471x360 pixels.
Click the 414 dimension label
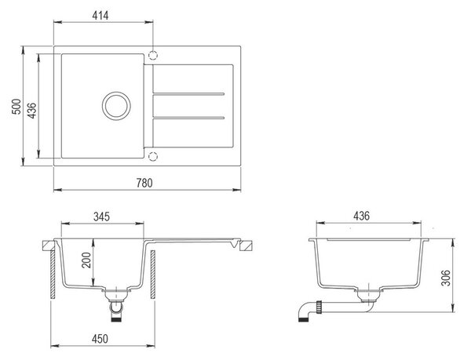100,16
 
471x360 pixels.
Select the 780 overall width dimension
144,183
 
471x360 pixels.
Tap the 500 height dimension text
16,106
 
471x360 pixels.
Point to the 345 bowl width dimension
101,216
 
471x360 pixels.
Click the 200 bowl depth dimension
86,260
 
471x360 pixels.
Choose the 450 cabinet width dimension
100,339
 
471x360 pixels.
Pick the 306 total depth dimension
446,278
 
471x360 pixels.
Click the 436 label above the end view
361,216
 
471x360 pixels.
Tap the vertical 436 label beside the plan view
31,111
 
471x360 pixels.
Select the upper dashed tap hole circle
153,56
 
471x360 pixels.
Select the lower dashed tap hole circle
153,156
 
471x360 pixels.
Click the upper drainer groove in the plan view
188,94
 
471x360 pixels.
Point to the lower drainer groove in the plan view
188,118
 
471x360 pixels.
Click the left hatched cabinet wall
53,275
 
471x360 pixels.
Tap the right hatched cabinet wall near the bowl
153,275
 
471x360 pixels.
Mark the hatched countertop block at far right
246,245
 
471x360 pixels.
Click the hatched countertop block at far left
48,245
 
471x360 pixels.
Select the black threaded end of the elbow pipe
302,320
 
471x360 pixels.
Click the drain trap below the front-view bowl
116,306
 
